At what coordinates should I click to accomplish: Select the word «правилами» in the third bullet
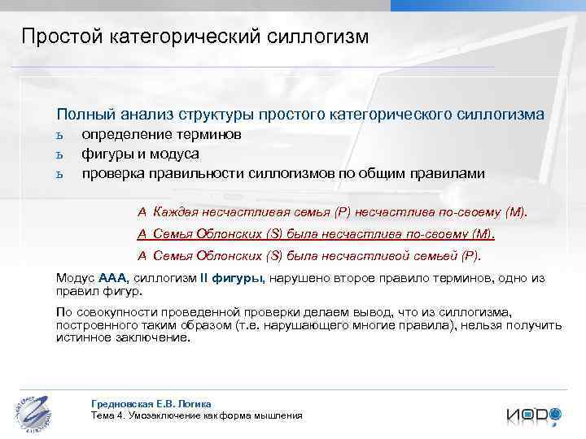pyautogui.click(x=449, y=173)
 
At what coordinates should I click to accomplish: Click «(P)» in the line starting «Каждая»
pyautogui.click(x=343, y=213)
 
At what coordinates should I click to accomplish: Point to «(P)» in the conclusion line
pyautogui.click(x=471, y=255)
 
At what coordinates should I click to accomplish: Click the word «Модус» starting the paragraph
pyautogui.click(x=75, y=278)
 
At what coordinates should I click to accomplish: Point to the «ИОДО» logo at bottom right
pyautogui.click(x=533, y=415)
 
